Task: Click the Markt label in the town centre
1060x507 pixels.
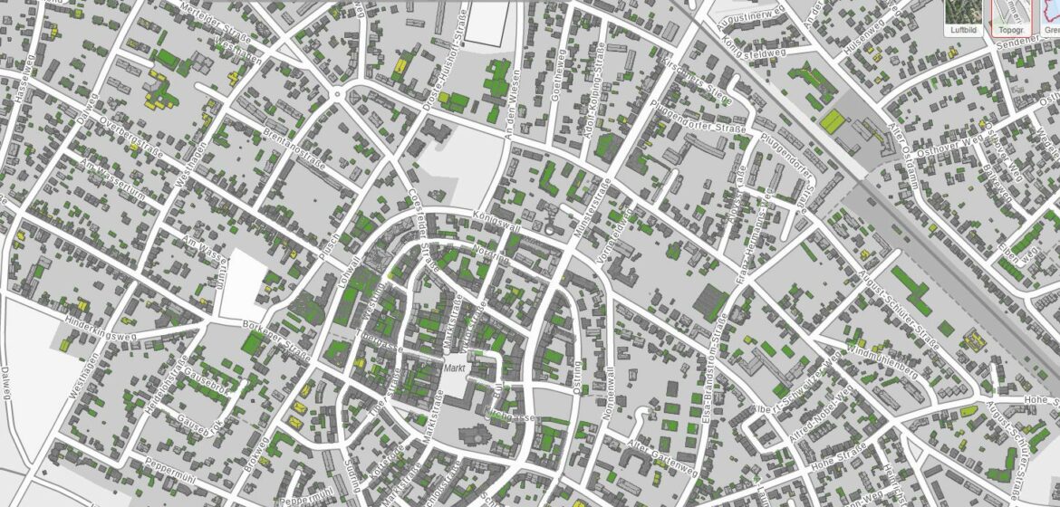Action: (x=454, y=367)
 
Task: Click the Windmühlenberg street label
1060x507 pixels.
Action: (x=883, y=361)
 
